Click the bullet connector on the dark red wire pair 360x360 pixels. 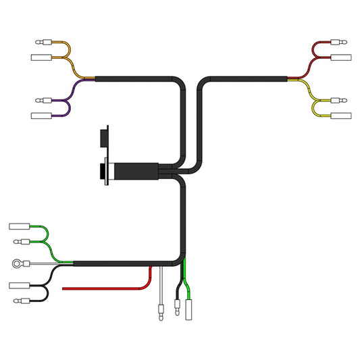[x=342, y=44]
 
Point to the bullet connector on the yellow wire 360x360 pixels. [x=342, y=101]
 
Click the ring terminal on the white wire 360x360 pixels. [x=16, y=263]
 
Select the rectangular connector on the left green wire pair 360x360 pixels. [x=21, y=227]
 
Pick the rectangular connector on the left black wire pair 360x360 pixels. [x=21, y=286]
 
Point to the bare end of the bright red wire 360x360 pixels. [x=64, y=288]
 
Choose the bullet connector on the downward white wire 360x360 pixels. [x=160, y=312]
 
